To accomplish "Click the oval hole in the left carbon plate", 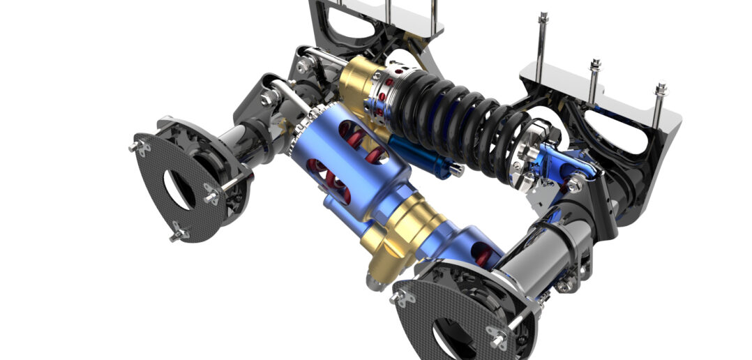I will (x=179, y=188).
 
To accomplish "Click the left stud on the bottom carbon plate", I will (x=400, y=298).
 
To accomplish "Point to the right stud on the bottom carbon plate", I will (x=499, y=338).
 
